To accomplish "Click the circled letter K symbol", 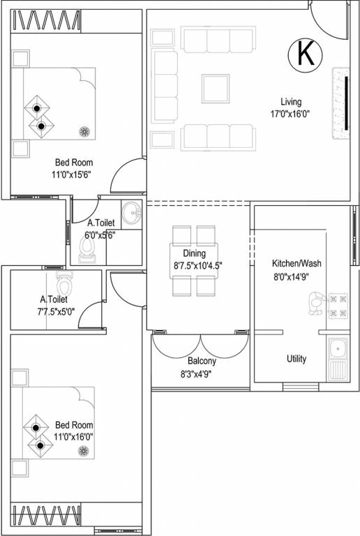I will tap(305, 54).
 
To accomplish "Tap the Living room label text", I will tap(292, 103).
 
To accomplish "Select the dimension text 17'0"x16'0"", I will tap(292, 114).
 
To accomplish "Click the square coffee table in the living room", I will tap(216, 88).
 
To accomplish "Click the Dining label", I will tap(194, 254).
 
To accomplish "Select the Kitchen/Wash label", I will tap(297, 264).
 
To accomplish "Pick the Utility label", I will tap(296, 359).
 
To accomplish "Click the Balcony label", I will tap(202, 362).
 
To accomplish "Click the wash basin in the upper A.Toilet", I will tap(130, 212).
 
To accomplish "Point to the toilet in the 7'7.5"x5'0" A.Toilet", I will tap(64, 284).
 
